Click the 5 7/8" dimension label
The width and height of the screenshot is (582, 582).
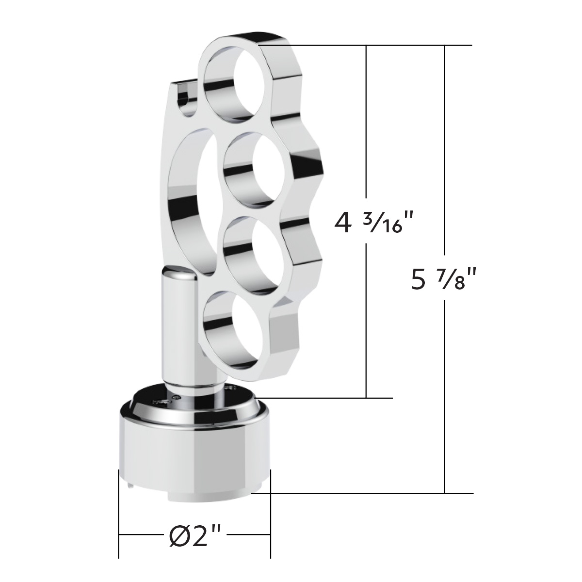pos(441,280)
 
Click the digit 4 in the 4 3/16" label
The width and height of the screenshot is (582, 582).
pos(342,224)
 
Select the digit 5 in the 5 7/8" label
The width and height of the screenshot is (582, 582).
pos(419,280)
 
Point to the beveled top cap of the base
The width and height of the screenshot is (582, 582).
pos(194,405)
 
